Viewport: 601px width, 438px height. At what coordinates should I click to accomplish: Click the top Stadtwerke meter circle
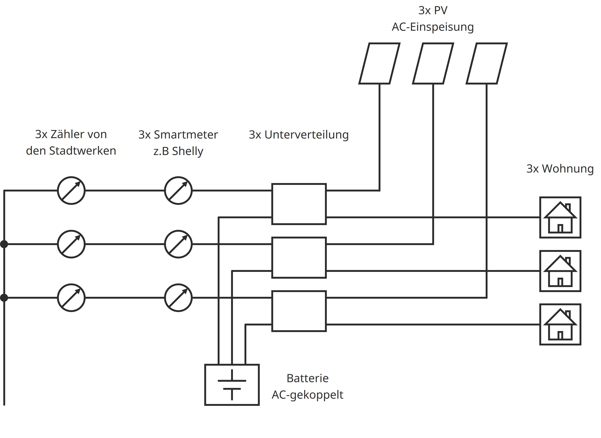point(71,190)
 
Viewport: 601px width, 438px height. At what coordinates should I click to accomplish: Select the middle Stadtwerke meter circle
point(71,244)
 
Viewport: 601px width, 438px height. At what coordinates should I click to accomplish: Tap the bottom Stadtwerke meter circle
point(71,298)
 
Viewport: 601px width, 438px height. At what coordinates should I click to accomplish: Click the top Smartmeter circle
point(178,190)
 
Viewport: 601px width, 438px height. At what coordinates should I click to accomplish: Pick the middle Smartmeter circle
point(178,244)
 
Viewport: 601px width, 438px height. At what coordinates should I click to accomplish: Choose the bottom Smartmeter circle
point(178,298)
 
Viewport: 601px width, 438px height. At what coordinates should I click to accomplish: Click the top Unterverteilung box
point(299,204)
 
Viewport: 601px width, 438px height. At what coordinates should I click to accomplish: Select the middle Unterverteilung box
point(299,257)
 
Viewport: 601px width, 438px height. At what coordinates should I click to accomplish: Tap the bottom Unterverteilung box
point(299,311)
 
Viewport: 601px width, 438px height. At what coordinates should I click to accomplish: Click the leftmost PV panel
point(379,63)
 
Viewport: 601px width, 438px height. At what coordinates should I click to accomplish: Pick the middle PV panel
point(433,63)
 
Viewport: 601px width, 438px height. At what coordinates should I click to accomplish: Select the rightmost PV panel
point(487,63)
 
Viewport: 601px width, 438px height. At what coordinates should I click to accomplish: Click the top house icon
point(560,217)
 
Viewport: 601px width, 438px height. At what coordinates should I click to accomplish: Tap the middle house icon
point(560,271)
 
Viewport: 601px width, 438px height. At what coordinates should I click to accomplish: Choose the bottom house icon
point(560,324)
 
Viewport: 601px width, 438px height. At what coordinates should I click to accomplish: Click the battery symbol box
point(232,385)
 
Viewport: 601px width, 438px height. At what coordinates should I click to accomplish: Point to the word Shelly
point(187,151)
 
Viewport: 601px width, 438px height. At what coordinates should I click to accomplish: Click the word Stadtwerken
point(83,151)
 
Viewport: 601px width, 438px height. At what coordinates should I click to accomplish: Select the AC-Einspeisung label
point(433,27)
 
